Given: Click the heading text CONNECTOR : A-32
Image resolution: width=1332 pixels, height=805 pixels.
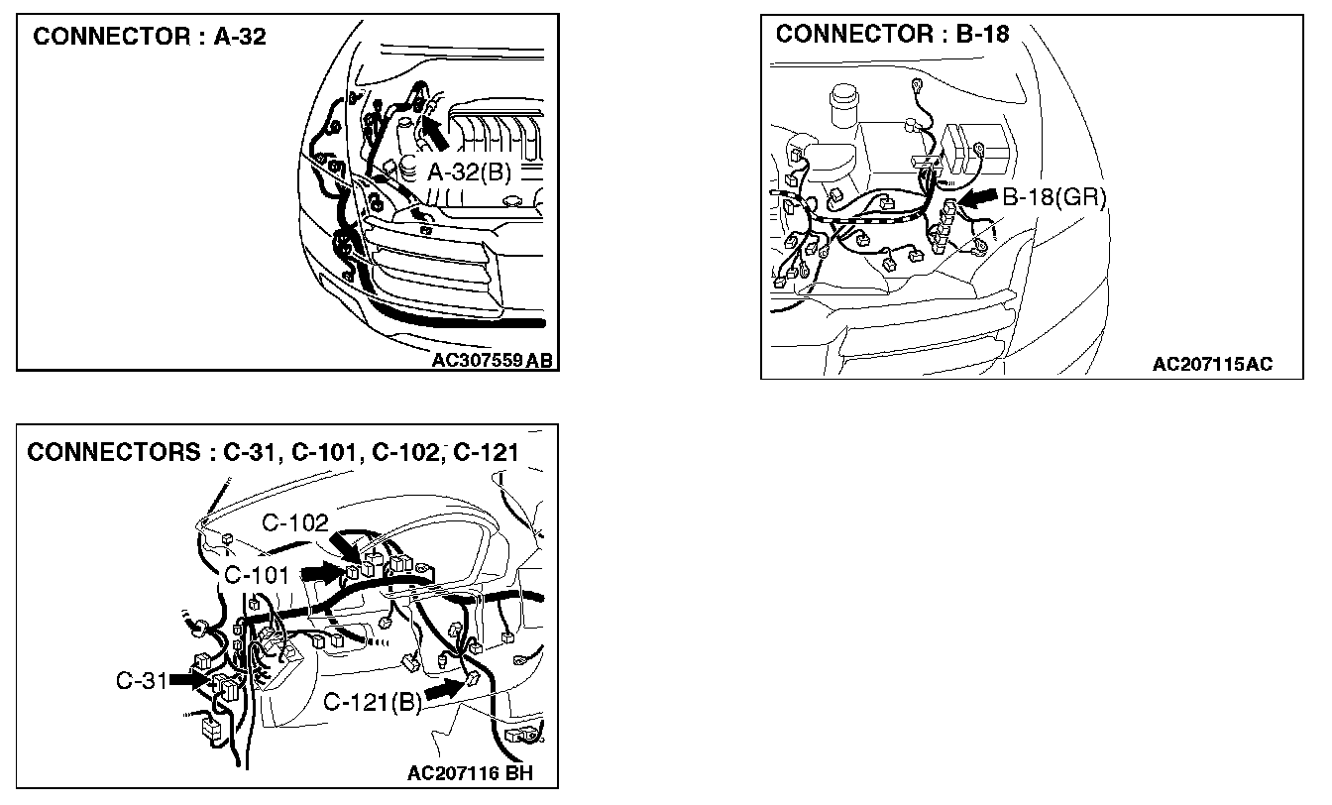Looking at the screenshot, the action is pos(150,37).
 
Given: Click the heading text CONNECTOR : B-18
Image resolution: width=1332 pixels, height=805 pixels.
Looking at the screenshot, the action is pos(893,34).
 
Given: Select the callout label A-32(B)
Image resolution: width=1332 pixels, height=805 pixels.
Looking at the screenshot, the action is pos(469,172).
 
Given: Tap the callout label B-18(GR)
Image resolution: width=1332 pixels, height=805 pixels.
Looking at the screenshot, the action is pos(1054,197).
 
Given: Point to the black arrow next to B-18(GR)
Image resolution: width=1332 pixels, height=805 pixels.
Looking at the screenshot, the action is pos(978,198).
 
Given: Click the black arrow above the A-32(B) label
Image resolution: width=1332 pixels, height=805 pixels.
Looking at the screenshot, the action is pos(434,133).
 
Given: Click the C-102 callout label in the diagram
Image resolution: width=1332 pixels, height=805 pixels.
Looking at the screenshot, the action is pos(295,523).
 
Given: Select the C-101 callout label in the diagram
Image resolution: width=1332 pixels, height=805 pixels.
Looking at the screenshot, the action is pos(257,575).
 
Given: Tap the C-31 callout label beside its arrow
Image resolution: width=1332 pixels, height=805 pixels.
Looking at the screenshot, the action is pos(142,681).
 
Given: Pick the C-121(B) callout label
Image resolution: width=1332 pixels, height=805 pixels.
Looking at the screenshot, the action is pos(373,703).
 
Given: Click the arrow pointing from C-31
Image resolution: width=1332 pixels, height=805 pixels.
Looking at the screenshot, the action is pos(189,680).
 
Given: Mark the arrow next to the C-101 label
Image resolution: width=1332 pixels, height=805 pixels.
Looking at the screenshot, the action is pos(322,573).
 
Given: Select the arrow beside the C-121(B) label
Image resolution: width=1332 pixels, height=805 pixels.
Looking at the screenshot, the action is pos(444,689).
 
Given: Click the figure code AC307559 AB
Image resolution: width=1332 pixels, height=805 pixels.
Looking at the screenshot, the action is pos(492,360).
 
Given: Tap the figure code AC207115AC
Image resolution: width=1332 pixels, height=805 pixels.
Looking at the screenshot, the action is pos(1212,364).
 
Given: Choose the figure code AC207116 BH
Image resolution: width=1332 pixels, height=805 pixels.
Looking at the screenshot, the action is pos(470,773).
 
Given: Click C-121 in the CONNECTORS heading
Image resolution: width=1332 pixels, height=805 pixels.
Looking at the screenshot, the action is pos(486,453).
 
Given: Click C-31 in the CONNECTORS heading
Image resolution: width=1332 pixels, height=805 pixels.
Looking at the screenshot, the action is pos(248,453).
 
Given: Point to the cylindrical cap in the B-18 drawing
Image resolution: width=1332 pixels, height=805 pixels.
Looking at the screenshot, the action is pos(844,105).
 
